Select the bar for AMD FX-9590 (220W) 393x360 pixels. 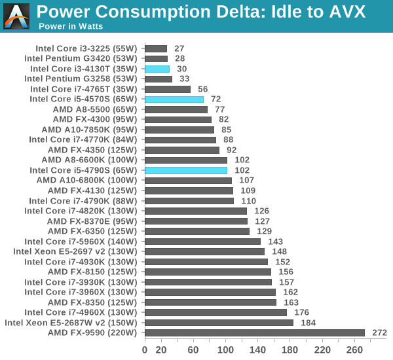tap(254, 333)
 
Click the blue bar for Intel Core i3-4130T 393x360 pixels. tap(157, 69)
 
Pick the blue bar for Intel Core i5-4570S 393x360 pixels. tap(174, 99)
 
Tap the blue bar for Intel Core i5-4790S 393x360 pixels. tap(186, 170)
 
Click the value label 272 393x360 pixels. tap(379, 333)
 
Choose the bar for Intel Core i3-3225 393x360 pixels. tap(156, 48)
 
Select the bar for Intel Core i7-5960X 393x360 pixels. tap(202, 242)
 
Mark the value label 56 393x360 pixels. tap(202, 89)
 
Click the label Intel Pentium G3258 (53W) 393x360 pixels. tap(81, 79)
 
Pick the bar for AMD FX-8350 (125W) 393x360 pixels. tap(210, 302)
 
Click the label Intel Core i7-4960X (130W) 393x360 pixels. tap(81, 312)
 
